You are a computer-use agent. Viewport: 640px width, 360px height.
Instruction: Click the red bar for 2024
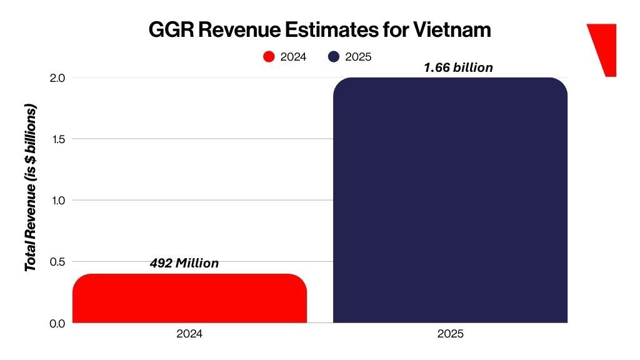[189, 298]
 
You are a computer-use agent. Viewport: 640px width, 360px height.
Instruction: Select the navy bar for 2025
[450, 200]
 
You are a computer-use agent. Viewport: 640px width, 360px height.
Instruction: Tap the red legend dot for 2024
[269, 57]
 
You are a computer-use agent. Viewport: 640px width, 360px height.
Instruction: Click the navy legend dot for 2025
[334, 57]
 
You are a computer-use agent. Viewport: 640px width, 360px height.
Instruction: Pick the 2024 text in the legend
[294, 57]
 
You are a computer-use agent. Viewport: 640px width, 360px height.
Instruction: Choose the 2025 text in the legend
[359, 57]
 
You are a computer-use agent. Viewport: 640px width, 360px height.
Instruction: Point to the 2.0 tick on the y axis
[57, 78]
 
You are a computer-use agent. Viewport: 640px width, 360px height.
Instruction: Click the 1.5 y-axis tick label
[57, 139]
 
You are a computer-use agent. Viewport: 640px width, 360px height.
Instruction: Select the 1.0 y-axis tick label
[57, 200]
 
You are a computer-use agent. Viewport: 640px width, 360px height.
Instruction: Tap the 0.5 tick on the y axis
[57, 261]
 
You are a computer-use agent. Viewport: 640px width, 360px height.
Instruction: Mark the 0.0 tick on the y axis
[57, 322]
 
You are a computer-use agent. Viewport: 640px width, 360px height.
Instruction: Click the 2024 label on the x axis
[189, 334]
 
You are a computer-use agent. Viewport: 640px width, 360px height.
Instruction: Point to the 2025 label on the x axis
[450, 334]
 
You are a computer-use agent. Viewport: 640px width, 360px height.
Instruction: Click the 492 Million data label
[184, 263]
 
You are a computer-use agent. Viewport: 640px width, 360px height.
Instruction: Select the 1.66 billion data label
[458, 67]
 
